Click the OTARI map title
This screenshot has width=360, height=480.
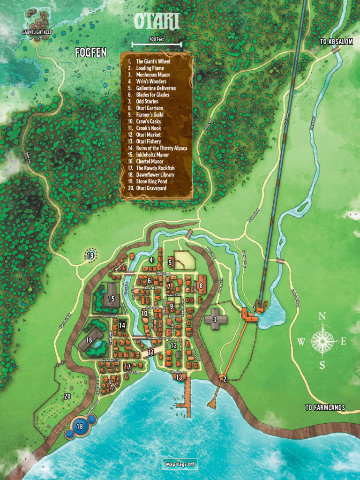pos(157,22)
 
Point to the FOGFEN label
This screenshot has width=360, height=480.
pos(90,53)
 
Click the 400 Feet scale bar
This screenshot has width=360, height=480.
pos(157,44)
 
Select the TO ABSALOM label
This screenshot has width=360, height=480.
pos(336,42)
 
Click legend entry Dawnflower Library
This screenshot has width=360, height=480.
pos(155,175)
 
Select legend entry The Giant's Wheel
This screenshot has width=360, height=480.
pos(153,61)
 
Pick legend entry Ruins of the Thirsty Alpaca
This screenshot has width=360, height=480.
pos(161,148)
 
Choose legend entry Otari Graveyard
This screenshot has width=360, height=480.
pos(151,188)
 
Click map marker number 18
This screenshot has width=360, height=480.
pos(79,427)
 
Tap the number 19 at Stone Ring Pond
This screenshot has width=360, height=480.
pos(90,255)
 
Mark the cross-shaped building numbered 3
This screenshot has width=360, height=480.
pos(215,320)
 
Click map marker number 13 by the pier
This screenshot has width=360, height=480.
pos(179,377)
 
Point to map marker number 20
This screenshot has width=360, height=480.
pos(67,396)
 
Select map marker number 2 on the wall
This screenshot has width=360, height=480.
pos(224,379)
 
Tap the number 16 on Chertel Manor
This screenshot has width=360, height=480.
pos(89,340)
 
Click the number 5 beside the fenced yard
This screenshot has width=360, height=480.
pos(171,262)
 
